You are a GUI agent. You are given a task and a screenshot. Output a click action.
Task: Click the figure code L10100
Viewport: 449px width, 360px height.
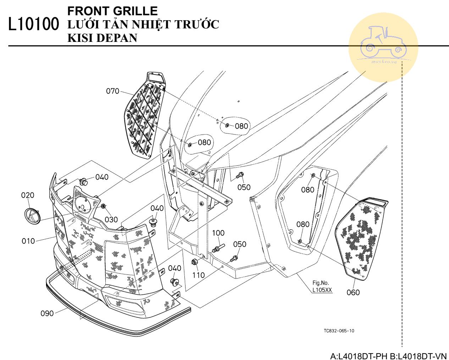click(x=34, y=24)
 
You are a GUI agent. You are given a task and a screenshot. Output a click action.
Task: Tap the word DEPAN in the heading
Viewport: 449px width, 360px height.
click(x=117, y=38)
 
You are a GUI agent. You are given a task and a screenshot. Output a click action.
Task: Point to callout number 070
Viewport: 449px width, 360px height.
click(x=112, y=91)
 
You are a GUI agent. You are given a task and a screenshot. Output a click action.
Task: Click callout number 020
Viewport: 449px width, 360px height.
click(x=28, y=195)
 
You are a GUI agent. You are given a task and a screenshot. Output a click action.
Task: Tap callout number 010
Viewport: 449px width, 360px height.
click(x=28, y=241)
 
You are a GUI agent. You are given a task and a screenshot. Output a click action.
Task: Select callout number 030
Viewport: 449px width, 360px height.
click(x=111, y=220)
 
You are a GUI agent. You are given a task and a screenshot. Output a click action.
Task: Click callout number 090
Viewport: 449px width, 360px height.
click(x=47, y=313)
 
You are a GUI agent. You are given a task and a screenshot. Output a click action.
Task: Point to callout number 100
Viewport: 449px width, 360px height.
click(x=218, y=233)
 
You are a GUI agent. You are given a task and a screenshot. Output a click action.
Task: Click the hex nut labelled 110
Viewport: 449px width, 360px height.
click(x=195, y=262)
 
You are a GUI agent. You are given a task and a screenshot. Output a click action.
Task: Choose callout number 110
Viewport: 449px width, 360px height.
click(x=198, y=275)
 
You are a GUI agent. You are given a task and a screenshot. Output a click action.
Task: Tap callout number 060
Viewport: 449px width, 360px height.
click(x=353, y=293)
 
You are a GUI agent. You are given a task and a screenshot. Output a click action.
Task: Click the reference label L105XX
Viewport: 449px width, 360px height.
click(x=322, y=290)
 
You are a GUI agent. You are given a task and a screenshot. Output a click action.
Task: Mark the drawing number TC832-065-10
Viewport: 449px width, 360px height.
click(x=339, y=331)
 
